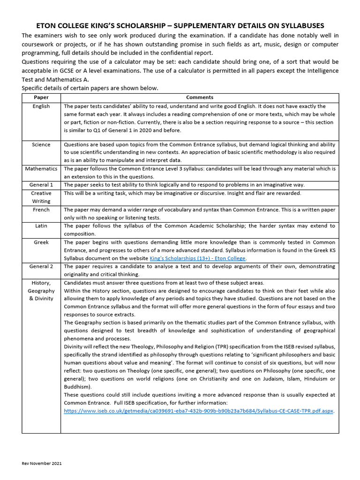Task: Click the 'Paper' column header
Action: [41, 97]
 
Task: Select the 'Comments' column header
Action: [200, 97]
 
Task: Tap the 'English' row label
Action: [41, 106]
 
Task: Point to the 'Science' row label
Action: [41, 144]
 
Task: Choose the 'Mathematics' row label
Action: [41, 169]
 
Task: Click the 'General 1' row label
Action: [41, 185]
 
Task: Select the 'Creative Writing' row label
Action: [41, 197]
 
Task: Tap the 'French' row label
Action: [41, 210]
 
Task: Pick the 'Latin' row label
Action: [41, 226]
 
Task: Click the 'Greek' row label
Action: [41, 242]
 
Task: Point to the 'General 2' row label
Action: [41, 267]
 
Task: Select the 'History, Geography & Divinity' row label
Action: [41, 291]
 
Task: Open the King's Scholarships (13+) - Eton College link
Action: [197, 258]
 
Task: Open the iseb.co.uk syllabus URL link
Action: [198, 411]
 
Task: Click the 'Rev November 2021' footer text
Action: [42, 463]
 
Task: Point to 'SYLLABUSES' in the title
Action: [298, 26]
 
